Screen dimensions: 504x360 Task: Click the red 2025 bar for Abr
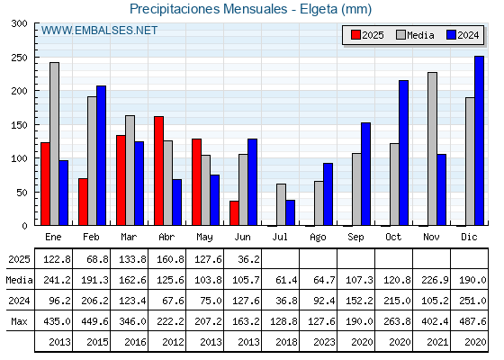coord(158,171)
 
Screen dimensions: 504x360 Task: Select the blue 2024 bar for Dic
coord(479,140)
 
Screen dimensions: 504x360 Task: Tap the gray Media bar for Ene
coord(54,144)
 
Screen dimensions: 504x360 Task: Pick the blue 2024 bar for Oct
coord(404,153)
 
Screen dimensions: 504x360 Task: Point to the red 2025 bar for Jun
coord(234,213)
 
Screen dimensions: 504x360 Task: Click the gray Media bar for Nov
coord(432,148)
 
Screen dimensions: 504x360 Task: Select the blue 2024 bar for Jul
coord(290,212)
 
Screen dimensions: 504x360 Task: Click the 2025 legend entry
coord(367,35)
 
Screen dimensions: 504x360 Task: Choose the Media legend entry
coord(415,35)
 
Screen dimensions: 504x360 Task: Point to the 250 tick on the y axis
coord(34,58)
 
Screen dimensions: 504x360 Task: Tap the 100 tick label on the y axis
coord(19,158)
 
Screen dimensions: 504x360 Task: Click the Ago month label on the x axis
coord(318,238)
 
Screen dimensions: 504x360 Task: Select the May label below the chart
coord(204,238)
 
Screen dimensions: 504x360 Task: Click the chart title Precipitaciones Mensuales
coord(209,9)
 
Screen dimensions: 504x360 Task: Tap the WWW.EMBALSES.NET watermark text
coord(99,31)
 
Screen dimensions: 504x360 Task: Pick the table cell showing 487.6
coord(473,321)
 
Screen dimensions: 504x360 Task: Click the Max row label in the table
coord(19,321)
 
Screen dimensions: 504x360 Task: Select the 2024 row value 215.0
coord(397,301)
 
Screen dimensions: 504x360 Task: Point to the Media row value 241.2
coord(57,280)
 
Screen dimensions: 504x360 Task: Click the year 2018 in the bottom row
coord(286,342)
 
